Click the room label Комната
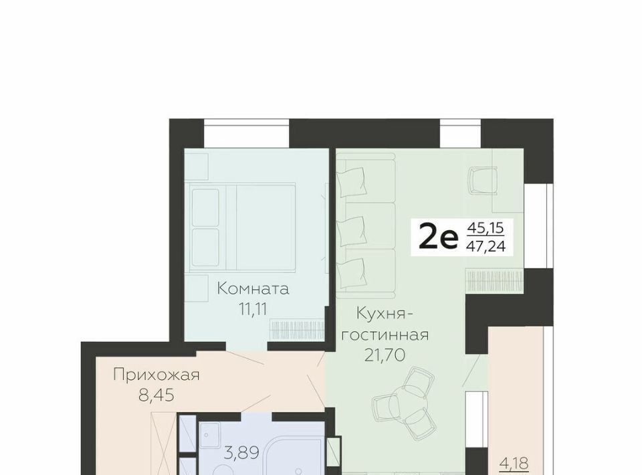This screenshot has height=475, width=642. [x=253, y=289]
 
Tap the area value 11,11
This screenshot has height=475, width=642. [x=253, y=309]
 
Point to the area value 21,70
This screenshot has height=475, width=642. [x=385, y=355]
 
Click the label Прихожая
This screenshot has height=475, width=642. [x=156, y=375]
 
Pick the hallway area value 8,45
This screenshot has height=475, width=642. [x=156, y=395]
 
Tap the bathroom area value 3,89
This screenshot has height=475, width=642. [x=241, y=453]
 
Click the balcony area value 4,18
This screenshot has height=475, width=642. [x=514, y=464]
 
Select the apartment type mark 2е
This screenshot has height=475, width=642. [x=437, y=239]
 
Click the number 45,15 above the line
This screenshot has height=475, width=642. [x=486, y=227]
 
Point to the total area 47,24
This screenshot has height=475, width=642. [x=486, y=246]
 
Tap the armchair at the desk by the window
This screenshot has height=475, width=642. [x=483, y=181]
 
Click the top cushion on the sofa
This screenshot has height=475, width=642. [x=351, y=182]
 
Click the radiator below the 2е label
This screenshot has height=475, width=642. [x=495, y=280]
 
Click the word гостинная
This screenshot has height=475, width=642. [x=385, y=335]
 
